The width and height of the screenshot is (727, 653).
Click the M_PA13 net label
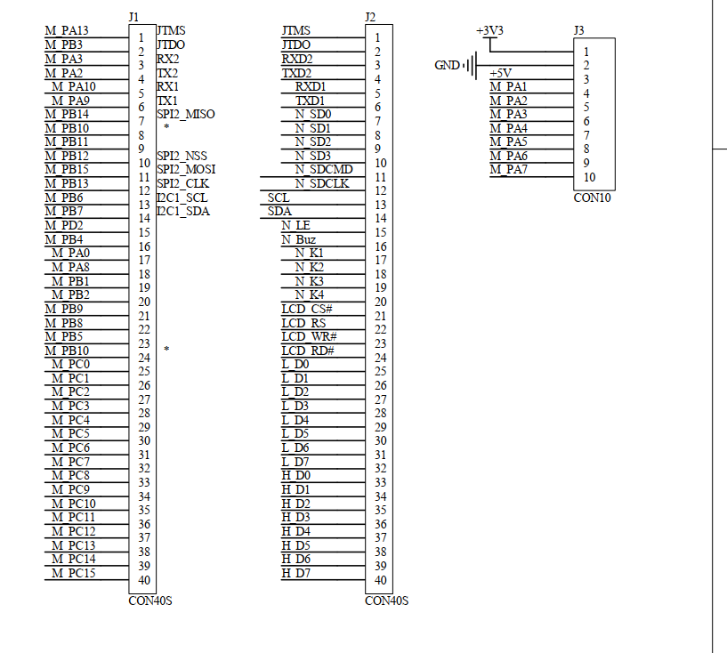point(67,31)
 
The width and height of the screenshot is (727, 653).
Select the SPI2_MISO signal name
point(185,114)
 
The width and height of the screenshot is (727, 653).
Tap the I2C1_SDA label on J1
point(182,211)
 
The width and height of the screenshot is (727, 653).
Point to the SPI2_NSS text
point(182,156)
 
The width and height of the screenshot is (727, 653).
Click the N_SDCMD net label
point(324,170)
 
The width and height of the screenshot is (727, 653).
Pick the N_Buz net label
point(298,239)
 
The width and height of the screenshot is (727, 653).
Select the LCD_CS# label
point(307,309)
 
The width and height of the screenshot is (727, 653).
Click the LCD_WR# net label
point(309,336)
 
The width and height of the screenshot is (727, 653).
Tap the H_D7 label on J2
point(295,572)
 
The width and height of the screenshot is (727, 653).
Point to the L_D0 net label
point(295,364)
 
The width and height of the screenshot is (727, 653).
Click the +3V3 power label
point(489,30)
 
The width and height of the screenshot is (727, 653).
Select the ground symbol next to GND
point(472,65)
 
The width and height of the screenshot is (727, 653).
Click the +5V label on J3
point(500,73)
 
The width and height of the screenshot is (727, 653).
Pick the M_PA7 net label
point(508,169)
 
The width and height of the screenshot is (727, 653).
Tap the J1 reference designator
point(133,17)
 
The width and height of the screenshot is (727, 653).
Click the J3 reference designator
point(579,29)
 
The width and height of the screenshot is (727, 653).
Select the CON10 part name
point(592,198)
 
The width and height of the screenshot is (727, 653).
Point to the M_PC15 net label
point(73,572)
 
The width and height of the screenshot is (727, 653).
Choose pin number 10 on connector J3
point(590,176)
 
